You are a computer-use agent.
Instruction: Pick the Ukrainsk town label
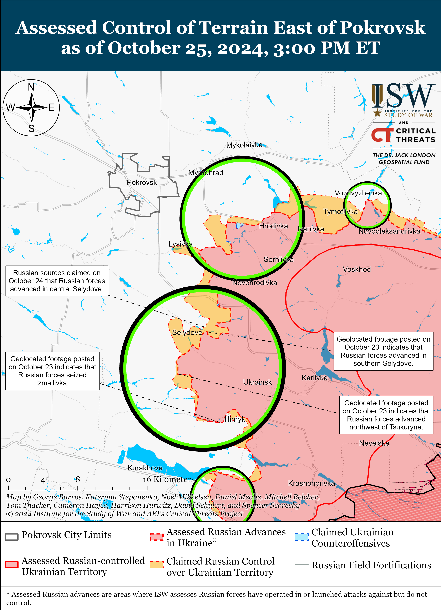[257, 382]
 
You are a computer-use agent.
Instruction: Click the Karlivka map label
[314, 378]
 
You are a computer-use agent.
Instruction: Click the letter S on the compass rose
[31, 129]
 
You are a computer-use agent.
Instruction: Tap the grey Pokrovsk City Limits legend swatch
[12, 537]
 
